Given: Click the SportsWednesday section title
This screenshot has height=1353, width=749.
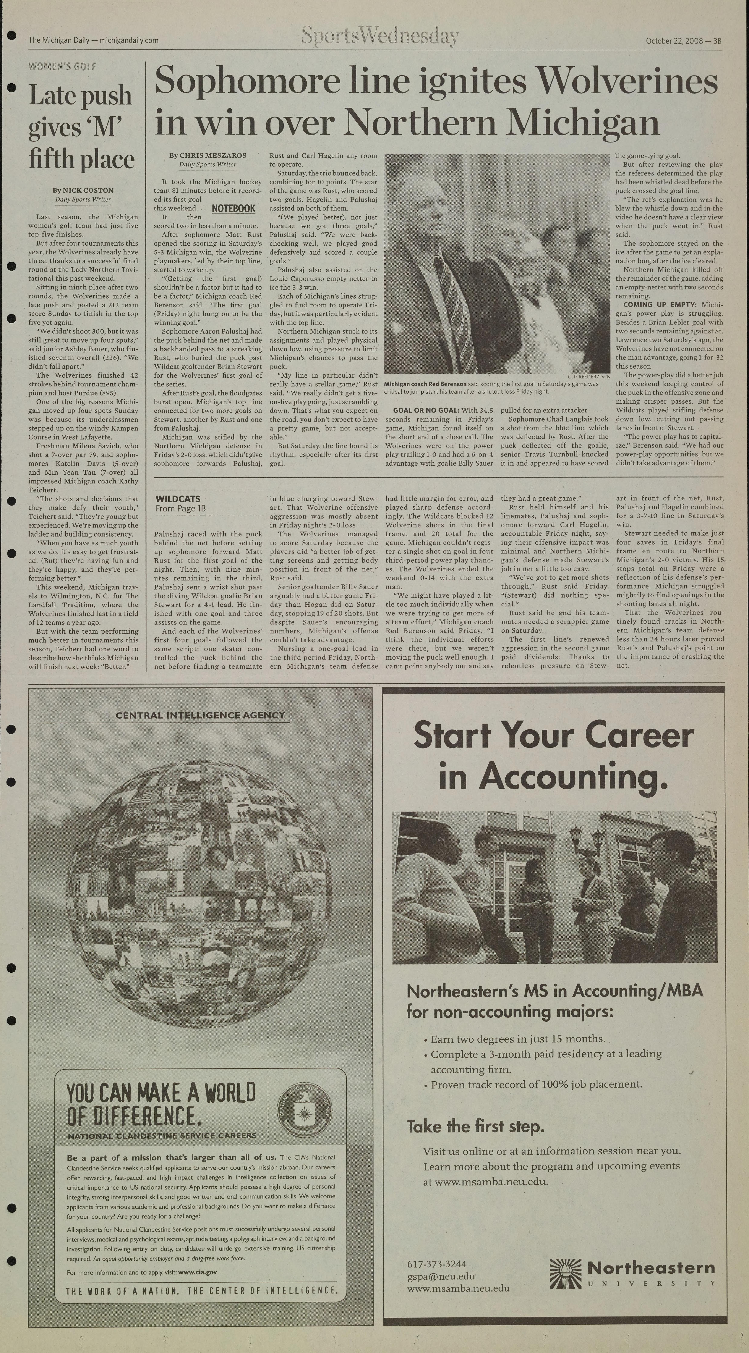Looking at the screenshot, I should (x=380, y=37).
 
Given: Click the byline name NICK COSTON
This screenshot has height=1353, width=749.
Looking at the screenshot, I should (x=88, y=190).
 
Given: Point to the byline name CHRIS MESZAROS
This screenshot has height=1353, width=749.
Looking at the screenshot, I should (x=213, y=155).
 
